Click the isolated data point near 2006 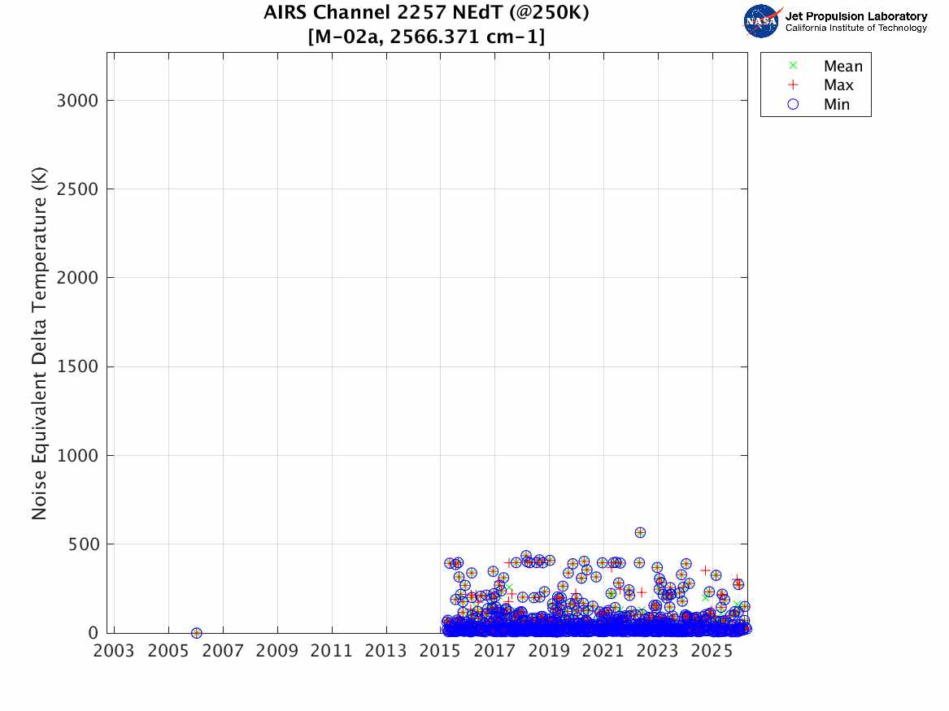click(196, 632)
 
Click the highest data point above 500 click(640, 532)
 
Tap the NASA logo click(762, 20)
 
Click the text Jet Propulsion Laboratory click(855, 16)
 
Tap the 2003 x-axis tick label click(114, 651)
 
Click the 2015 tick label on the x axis click(440, 651)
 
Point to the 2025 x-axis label click(712, 651)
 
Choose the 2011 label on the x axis click(331, 651)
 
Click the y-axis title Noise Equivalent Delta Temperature click(39, 343)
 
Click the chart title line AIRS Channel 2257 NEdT click(426, 13)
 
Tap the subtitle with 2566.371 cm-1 click(426, 37)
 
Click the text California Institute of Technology click(855, 28)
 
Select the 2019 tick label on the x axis click(549, 651)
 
